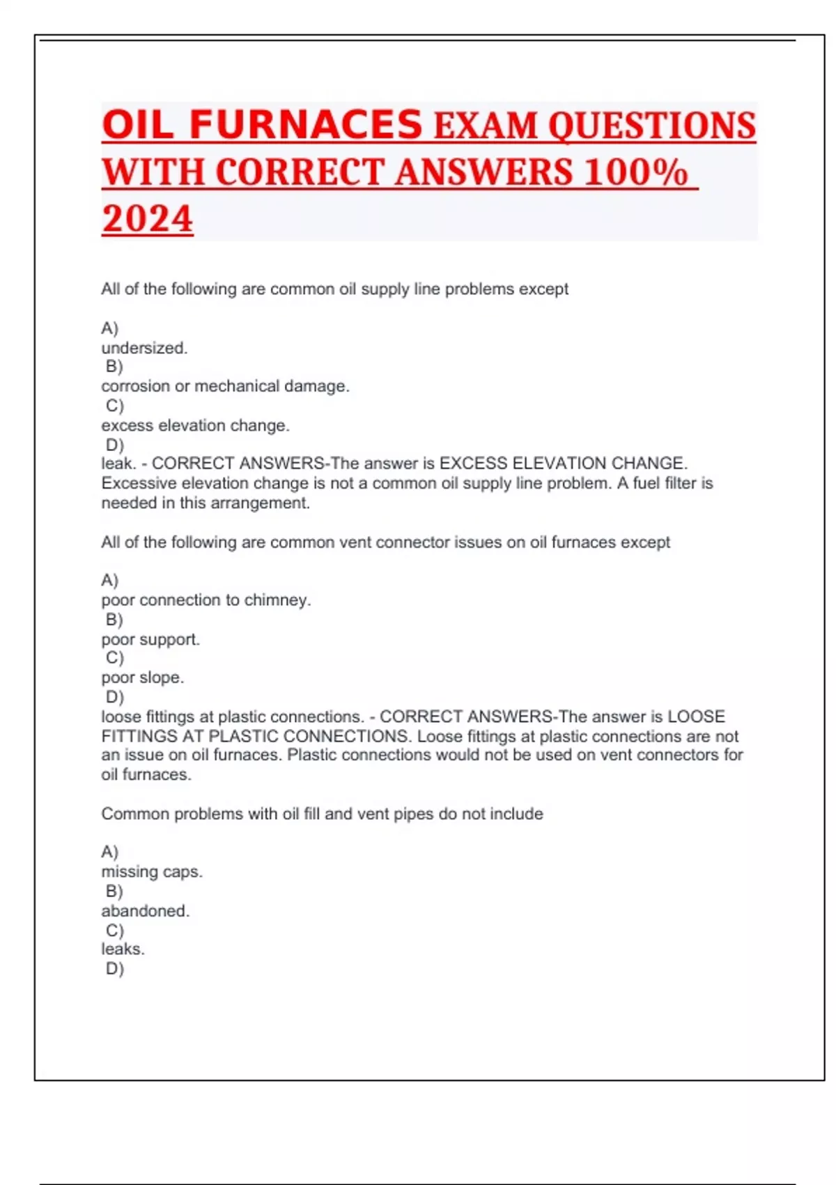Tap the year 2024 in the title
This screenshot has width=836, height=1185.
147,218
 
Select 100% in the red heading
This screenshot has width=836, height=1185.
636,172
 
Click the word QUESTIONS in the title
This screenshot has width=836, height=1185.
651,125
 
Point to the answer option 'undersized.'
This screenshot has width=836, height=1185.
144,348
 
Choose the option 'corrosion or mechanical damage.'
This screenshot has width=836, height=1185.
225,386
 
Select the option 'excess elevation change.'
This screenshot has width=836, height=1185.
195,425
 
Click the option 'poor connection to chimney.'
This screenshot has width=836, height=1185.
206,600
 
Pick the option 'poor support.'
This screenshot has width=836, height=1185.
150,639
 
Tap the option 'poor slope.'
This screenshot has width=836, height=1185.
143,678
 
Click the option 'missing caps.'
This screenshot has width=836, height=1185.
152,871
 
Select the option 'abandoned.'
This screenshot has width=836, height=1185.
145,910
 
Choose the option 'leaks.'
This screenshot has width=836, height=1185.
123,949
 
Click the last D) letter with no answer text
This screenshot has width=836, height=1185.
114,969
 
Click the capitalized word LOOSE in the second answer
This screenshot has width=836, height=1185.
696,717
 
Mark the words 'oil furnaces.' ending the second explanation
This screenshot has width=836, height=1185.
146,774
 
